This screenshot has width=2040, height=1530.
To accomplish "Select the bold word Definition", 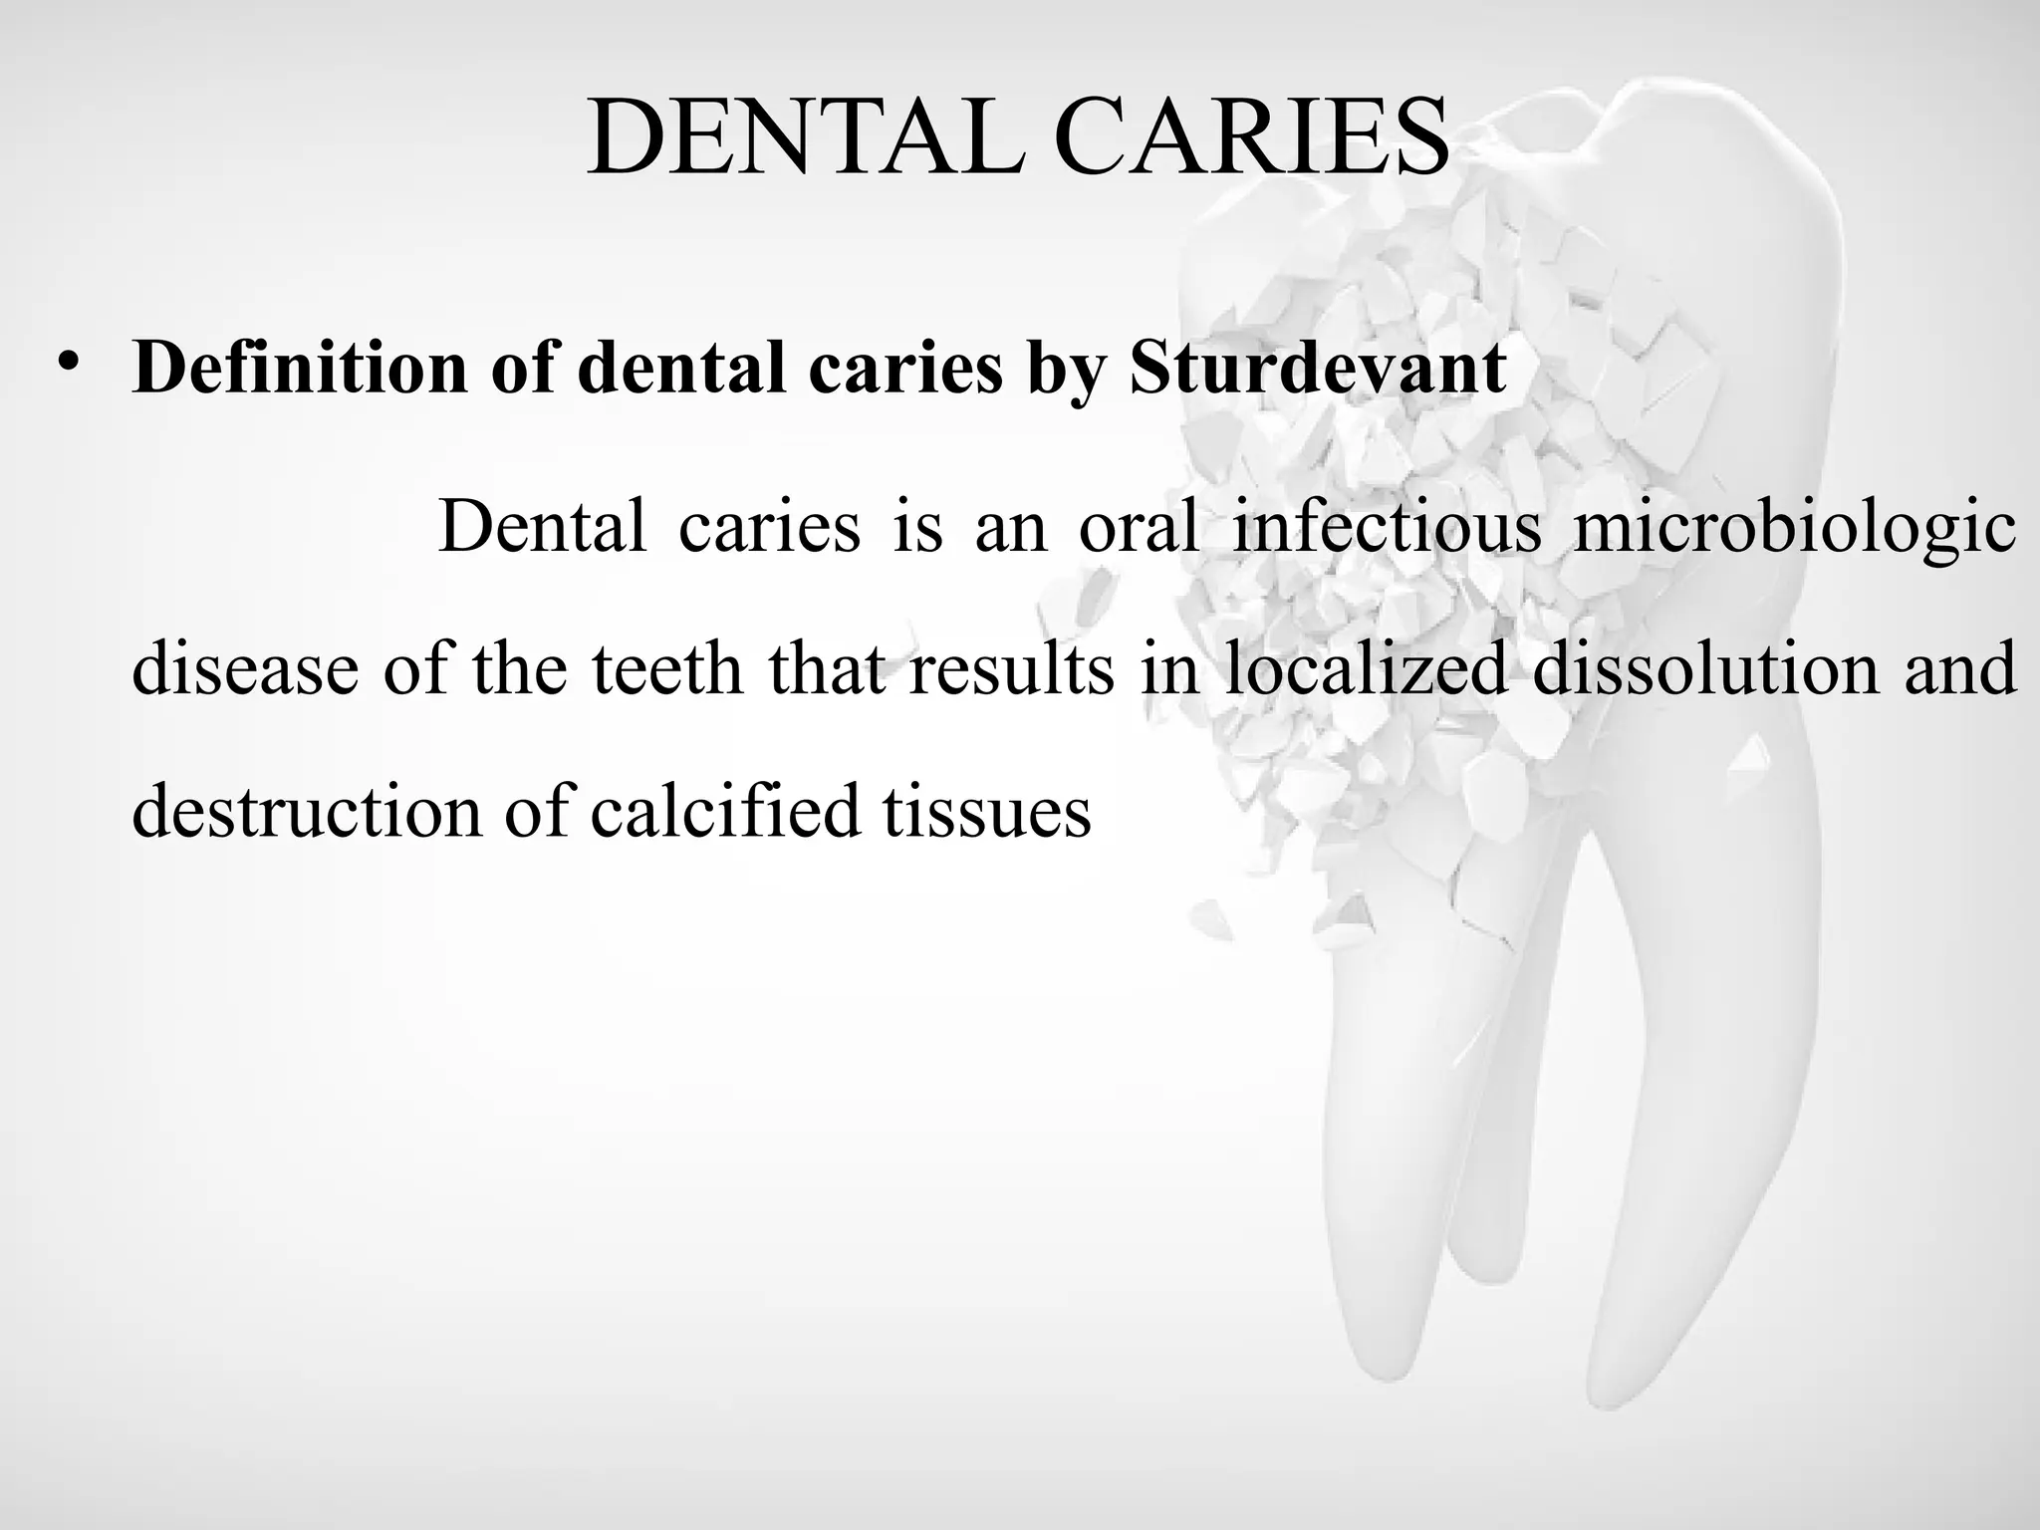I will coord(300,368).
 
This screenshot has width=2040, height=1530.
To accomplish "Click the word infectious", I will coord(1387,525).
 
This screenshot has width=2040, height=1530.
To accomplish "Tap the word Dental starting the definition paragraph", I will coord(543,525).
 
